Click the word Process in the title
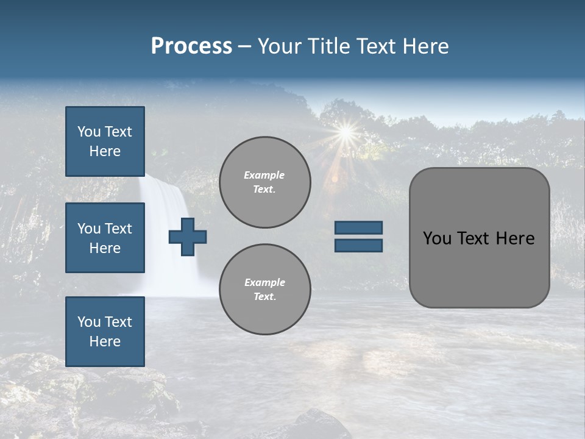click(x=191, y=46)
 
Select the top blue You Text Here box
click(x=105, y=141)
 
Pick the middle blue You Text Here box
click(x=105, y=238)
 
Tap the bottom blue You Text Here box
click(x=105, y=332)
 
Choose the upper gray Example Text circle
click(x=264, y=182)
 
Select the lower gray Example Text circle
click(x=264, y=290)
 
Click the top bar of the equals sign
click(x=358, y=228)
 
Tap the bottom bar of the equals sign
click(x=358, y=245)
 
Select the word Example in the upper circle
click(x=264, y=175)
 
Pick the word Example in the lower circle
click(x=264, y=282)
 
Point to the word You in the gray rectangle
click(x=437, y=238)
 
